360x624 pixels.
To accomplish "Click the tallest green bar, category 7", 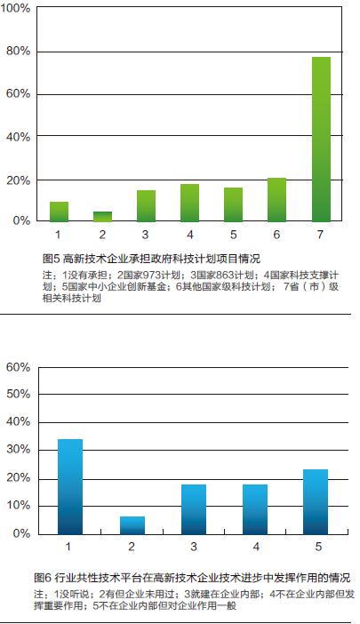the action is (x=321, y=140).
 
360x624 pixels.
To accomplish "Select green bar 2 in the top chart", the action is (x=102, y=217).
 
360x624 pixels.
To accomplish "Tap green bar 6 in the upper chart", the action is (x=276, y=200).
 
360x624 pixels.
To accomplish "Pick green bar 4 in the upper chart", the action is (x=189, y=203).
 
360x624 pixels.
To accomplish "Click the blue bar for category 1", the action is (x=70, y=487).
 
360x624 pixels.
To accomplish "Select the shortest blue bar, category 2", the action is (x=132, y=525).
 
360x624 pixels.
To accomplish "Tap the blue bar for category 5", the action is (x=316, y=502).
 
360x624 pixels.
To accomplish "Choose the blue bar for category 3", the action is (x=194, y=509).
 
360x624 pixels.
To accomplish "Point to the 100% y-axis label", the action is (x=15, y=8).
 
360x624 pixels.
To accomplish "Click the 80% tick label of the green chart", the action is (x=19, y=51).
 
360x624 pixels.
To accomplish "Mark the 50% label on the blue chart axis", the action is (x=19, y=394).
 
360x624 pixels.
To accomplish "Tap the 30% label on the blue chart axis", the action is (x=19, y=450).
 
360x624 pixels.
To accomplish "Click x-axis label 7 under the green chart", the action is (x=320, y=235).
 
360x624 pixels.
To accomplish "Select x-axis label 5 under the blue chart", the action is (x=318, y=547).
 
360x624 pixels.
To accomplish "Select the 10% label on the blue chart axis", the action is (x=19, y=506).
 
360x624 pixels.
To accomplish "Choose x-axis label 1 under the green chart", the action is (x=58, y=235).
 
